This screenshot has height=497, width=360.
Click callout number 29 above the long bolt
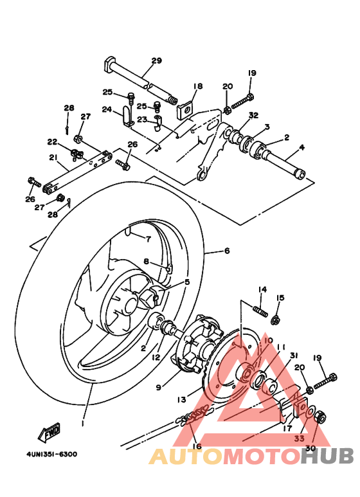pyautogui.click(x=156, y=62)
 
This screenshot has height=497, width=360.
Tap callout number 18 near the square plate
pyautogui.click(x=197, y=86)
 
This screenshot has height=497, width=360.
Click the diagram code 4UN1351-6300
pyautogui.click(x=51, y=454)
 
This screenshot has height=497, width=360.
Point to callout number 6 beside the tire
pyautogui.click(x=226, y=251)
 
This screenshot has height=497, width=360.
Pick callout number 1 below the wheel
pyautogui.click(x=83, y=424)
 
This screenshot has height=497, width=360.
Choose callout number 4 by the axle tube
pyautogui.click(x=301, y=148)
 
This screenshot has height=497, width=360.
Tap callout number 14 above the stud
pyautogui.click(x=262, y=289)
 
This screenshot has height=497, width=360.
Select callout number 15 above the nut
pyautogui.click(x=280, y=298)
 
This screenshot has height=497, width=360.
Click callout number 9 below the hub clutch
pyautogui.click(x=158, y=387)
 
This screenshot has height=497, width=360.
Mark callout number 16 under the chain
pyautogui.click(x=196, y=446)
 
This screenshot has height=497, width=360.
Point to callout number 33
pyautogui.click(x=300, y=439)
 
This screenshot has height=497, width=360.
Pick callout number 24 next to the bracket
pyautogui.click(x=107, y=109)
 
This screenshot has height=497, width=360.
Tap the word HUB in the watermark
pyautogui.click(x=327, y=456)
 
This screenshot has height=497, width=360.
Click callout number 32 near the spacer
pyautogui.click(x=253, y=116)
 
